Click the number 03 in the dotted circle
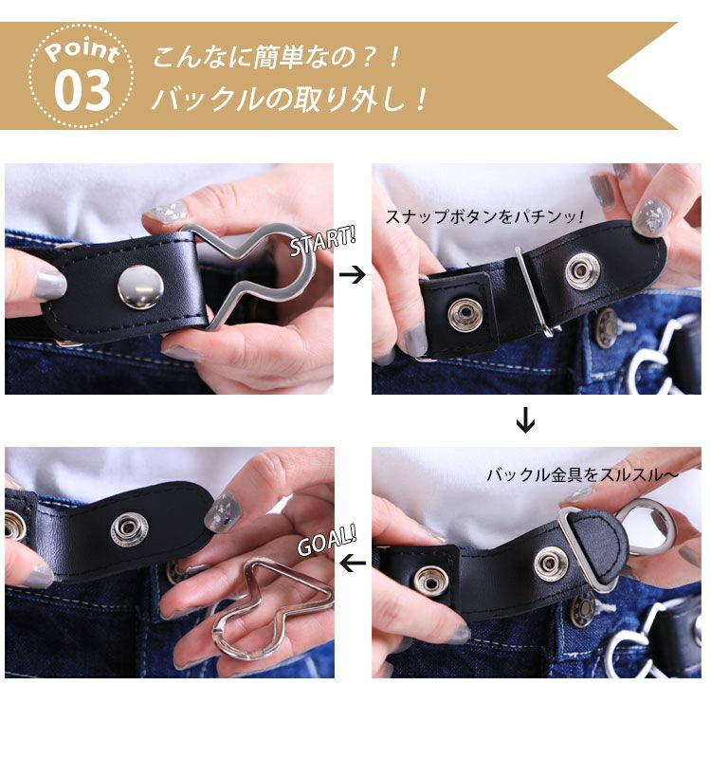tap(82, 90)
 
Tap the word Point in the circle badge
tap(82, 51)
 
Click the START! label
tap(323, 241)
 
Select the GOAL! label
tap(327, 540)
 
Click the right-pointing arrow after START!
tap(353, 275)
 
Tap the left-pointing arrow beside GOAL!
tap(353, 563)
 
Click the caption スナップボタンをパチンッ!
tap(485, 217)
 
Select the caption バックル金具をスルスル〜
tap(582, 474)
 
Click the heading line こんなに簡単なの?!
tap(277, 57)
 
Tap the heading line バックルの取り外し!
tap(290, 99)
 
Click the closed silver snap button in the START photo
tap(140, 287)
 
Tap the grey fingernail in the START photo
tap(49, 284)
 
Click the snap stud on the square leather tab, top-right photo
tap(465, 315)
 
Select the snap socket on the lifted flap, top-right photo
tap(582, 270)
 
